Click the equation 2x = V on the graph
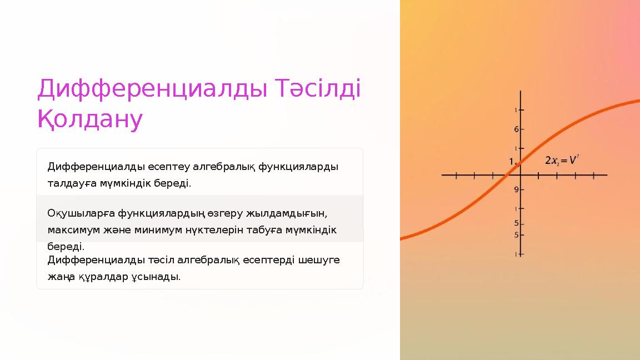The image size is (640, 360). pyautogui.click(x=562, y=161)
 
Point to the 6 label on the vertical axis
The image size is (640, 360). pyautogui.click(x=516, y=129)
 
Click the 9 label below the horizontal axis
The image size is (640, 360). pyautogui.click(x=516, y=189)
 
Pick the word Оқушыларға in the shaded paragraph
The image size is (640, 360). pyautogui.click(x=77, y=213)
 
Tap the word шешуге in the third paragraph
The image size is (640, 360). pyautogui.click(x=322, y=260)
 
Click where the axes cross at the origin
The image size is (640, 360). pyautogui.click(x=521, y=176)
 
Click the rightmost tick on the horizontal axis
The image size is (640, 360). pyautogui.click(x=594, y=176)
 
